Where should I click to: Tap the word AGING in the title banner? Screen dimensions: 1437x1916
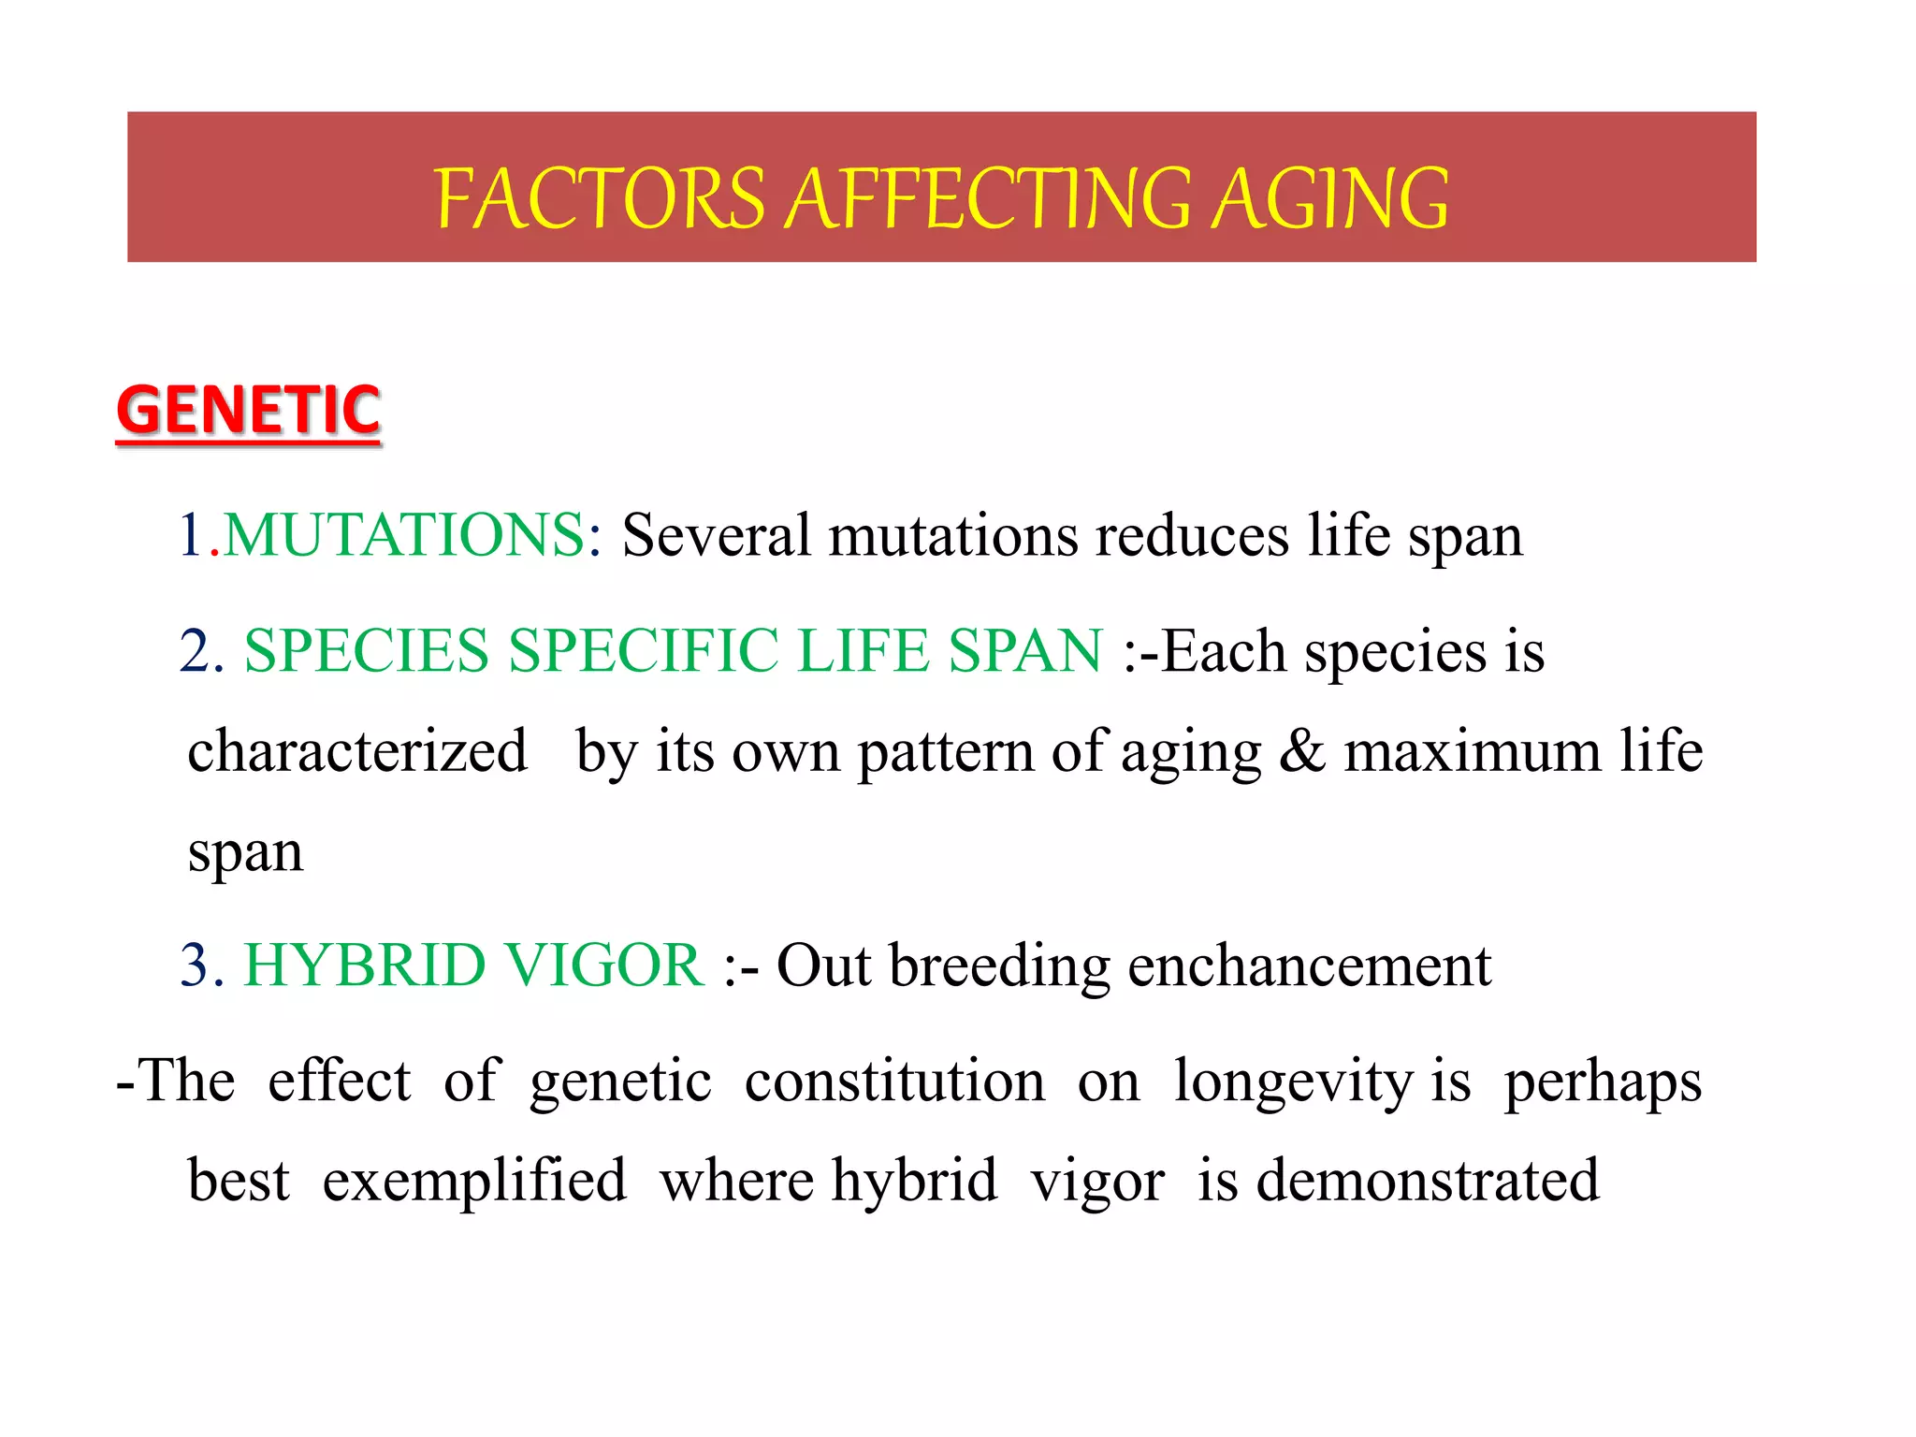point(1330,198)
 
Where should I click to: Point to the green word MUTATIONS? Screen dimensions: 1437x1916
point(404,536)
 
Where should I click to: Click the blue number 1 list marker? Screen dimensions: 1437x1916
point(191,536)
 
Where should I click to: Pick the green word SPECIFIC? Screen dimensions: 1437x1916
point(643,651)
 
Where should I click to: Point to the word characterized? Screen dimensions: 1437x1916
point(357,751)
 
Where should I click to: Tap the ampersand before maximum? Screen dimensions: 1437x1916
point(1301,751)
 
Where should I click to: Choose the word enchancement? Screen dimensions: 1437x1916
point(1309,965)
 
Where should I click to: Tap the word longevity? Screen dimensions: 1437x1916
point(1293,1082)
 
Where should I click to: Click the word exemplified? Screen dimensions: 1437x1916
point(474,1181)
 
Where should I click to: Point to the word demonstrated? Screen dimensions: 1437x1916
point(1427,1181)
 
